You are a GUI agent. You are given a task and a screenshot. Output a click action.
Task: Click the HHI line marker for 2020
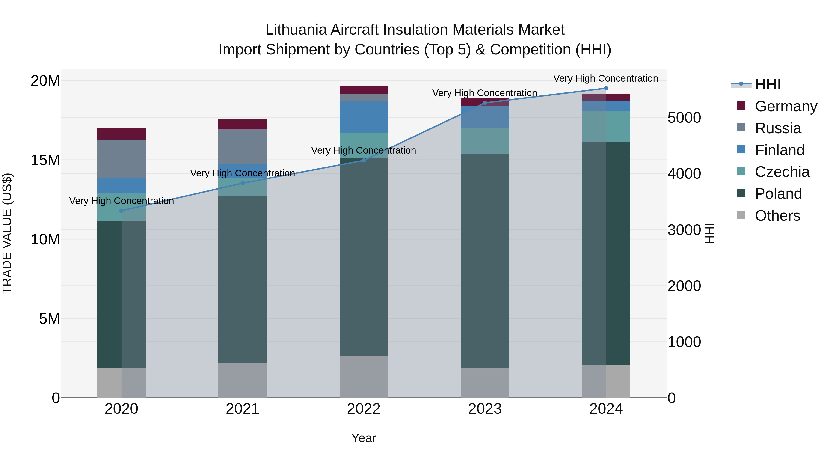click(122, 211)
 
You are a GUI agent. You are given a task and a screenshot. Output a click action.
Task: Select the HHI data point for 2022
click(364, 160)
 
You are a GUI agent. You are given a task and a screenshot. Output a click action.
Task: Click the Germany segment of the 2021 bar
click(243, 124)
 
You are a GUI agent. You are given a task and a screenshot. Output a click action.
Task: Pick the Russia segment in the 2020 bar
click(122, 159)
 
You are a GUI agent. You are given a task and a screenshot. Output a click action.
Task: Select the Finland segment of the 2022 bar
click(364, 117)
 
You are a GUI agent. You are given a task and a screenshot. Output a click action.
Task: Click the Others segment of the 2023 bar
click(485, 383)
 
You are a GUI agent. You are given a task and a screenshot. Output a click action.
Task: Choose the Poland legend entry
click(778, 194)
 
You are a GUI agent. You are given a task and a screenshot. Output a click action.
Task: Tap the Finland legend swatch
click(741, 149)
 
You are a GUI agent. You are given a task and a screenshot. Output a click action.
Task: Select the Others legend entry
click(777, 216)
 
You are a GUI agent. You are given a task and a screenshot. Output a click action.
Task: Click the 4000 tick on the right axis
click(684, 174)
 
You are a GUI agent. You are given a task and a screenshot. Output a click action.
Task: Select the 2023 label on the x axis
click(485, 409)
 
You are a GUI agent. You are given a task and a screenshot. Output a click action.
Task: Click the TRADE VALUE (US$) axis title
click(7, 233)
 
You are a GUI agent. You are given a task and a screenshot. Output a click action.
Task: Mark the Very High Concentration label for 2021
click(243, 173)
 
